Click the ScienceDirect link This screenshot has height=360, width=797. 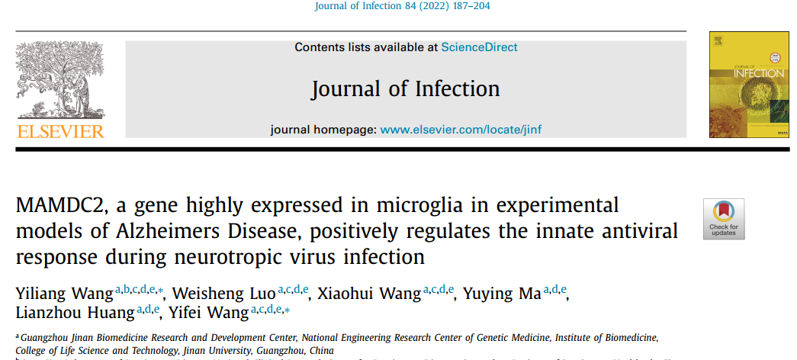pos(479,47)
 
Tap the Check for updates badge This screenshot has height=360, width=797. pos(723,219)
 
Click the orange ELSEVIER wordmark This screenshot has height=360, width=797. pos(60,132)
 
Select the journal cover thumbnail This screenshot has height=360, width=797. pos(738,85)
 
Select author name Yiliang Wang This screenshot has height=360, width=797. pos(64,294)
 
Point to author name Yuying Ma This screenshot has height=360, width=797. pos(503,294)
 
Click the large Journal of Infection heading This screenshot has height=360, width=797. pos(405,88)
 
